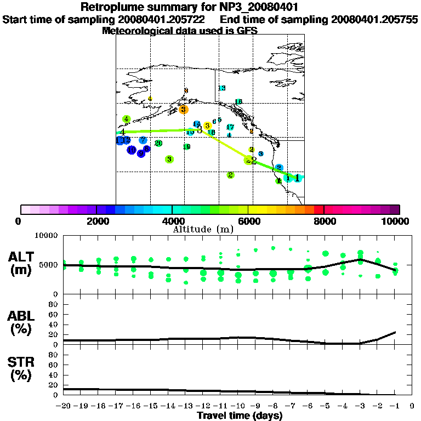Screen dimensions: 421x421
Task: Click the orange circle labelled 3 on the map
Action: [184, 110]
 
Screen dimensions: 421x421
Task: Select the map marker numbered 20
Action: [158, 144]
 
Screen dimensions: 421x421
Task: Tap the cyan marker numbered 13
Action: [222, 88]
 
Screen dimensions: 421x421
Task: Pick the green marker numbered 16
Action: [238, 102]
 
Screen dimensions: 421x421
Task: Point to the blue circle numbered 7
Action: [143, 140]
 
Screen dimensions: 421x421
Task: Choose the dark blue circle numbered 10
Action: [132, 150]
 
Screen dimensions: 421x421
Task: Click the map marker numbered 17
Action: [230, 127]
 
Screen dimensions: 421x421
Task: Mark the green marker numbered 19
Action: [187, 147]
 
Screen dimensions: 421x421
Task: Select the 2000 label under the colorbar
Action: [96, 221]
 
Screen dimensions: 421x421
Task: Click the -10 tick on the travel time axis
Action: [238, 407]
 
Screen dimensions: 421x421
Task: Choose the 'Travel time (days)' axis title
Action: [240, 416]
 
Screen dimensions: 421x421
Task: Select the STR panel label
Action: [22, 369]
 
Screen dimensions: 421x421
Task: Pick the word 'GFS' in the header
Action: [247, 31]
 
